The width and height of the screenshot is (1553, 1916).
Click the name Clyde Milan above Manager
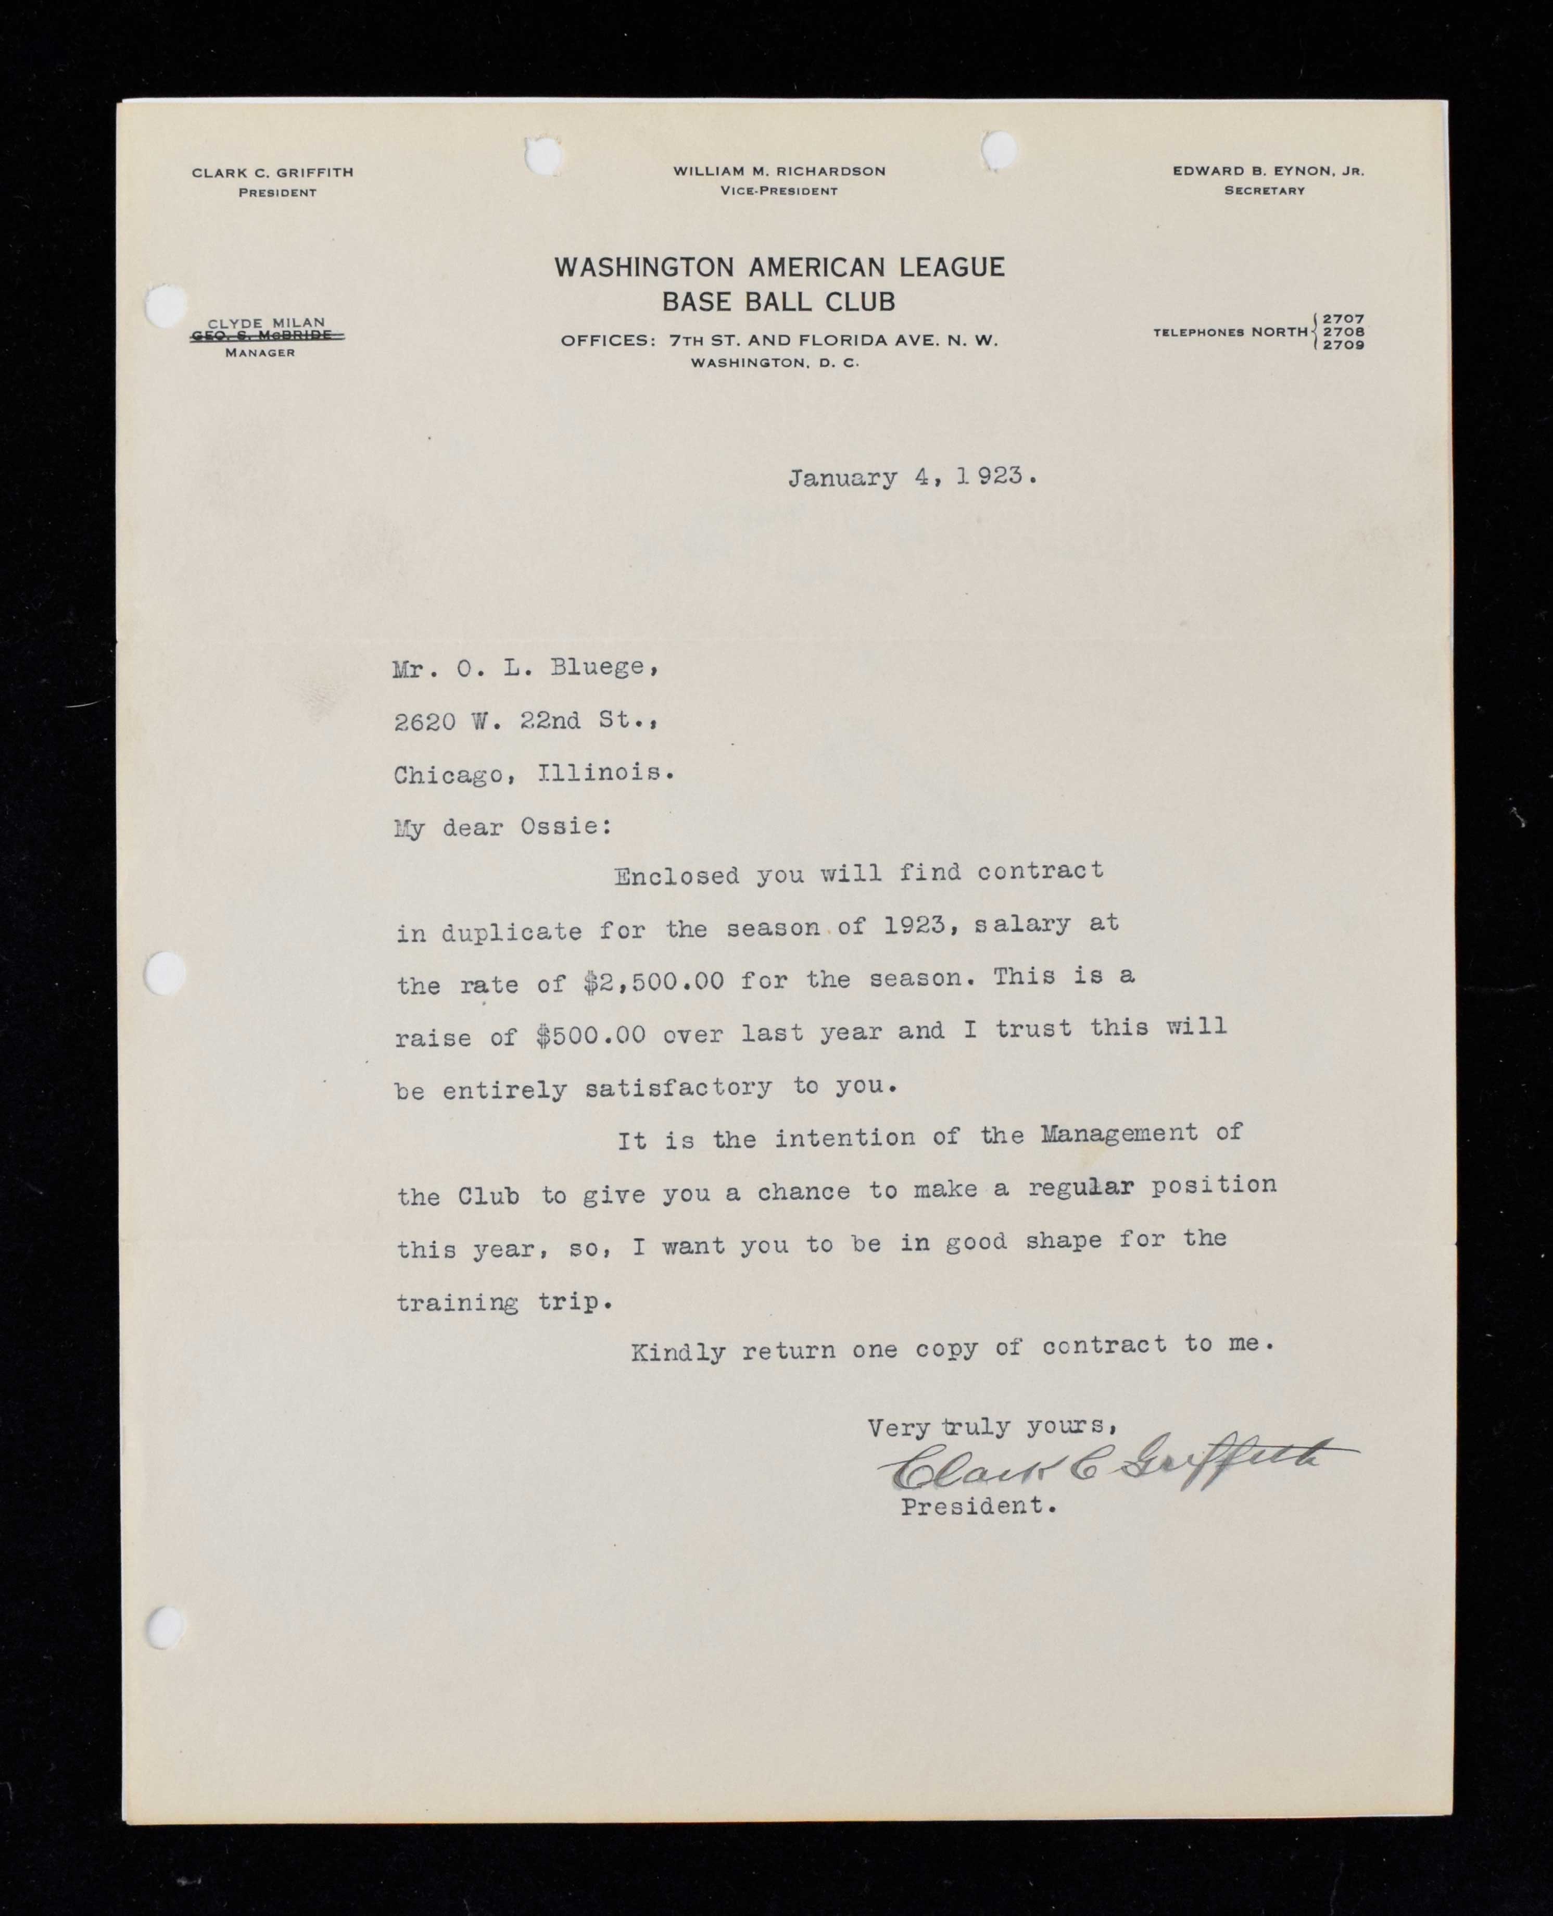pyautogui.click(x=267, y=322)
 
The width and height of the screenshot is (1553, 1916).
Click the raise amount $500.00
pyautogui.click(x=591, y=1035)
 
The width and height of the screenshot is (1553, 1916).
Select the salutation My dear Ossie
pyautogui.click(x=503, y=827)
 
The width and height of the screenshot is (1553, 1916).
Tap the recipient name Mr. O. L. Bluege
pyautogui.click(x=526, y=668)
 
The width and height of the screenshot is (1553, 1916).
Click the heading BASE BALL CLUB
pyautogui.click(x=778, y=302)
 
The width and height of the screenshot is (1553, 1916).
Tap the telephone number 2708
pyautogui.click(x=1344, y=332)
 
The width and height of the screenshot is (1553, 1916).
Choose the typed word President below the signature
pyautogui.click(x=978, y=1506)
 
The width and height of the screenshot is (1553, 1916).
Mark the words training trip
pyautogui.click(x=504, y=1302)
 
